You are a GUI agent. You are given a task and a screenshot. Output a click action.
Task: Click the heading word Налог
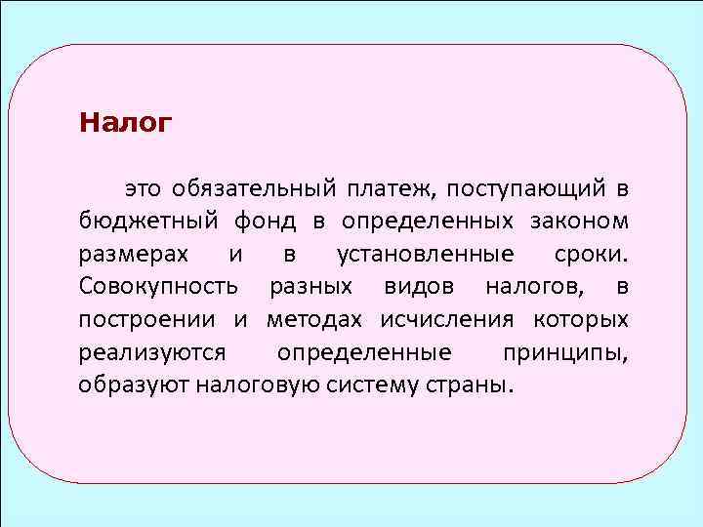pos(126,124)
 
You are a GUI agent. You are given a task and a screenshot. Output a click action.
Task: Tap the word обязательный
pos(255,187)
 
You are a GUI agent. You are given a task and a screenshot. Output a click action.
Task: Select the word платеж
pos(393,187)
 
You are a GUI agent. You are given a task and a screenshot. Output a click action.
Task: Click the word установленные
pos(425,255)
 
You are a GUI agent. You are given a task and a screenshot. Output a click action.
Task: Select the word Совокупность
pos(157,287)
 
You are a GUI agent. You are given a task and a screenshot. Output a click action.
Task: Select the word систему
pos(365,385)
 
